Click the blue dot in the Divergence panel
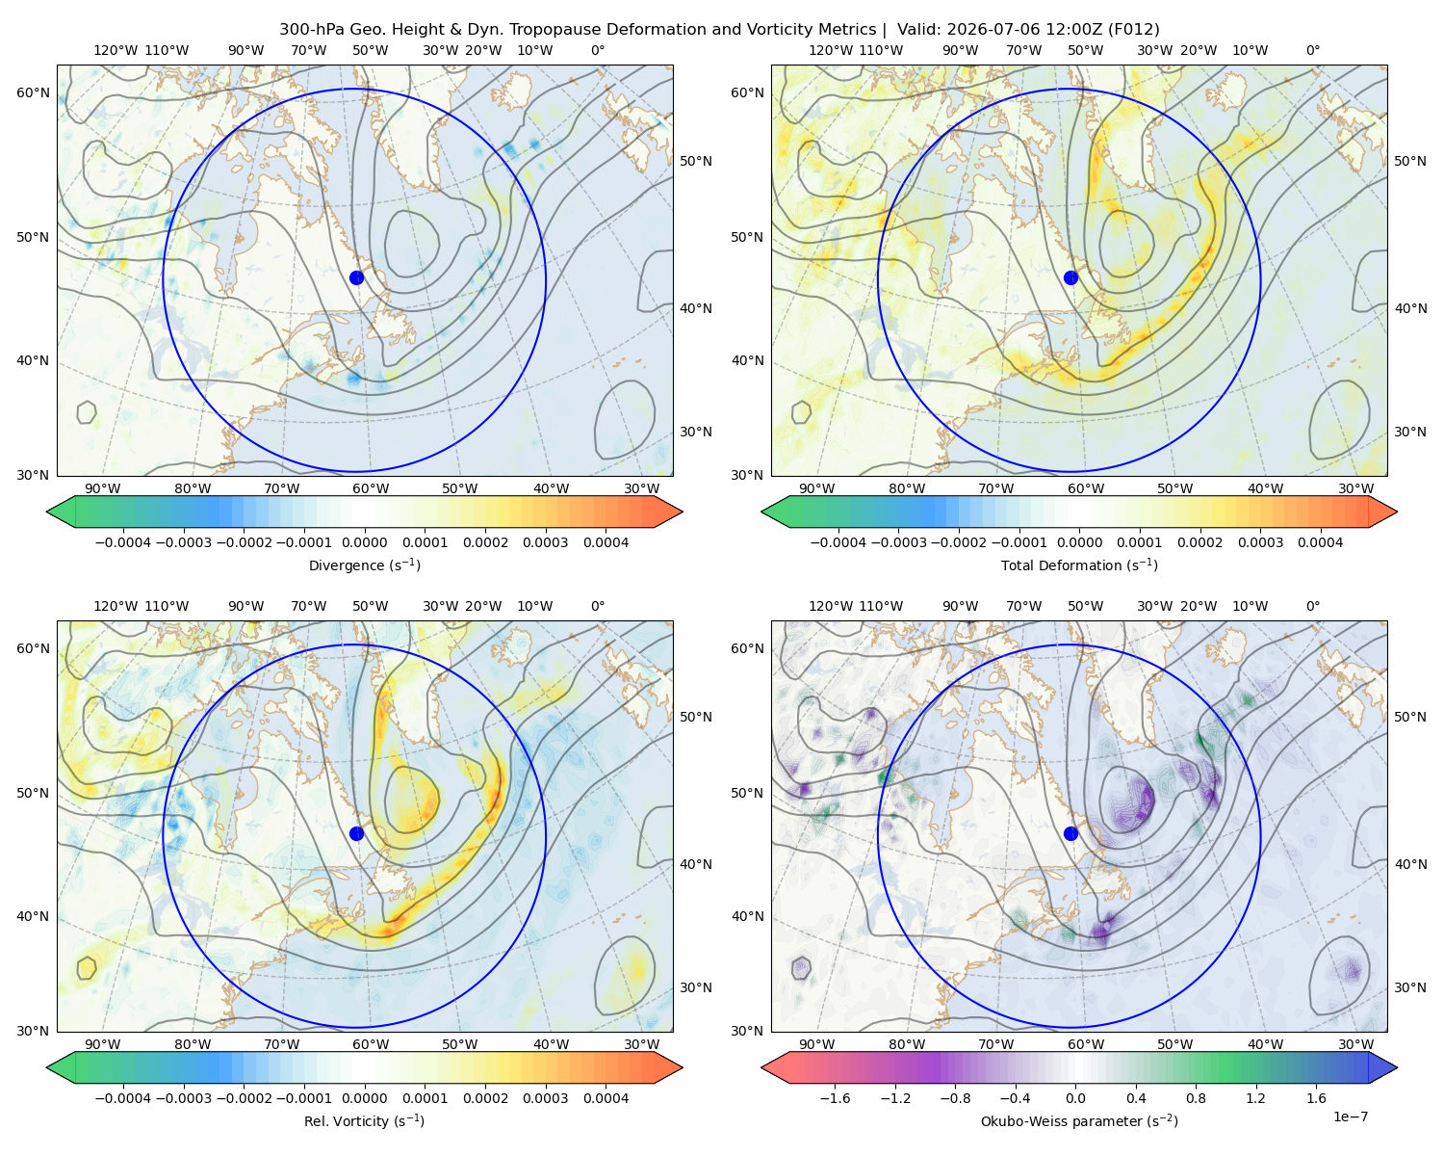tap(356, 277)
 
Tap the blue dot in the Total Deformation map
tap(1070, 277)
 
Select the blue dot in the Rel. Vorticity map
tap(356, 833)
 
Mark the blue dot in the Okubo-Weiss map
tap(1070, 833)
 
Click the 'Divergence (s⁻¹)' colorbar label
tap(364, 565)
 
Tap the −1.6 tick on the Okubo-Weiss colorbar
tap(835, 1098)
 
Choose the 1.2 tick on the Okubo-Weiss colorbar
tap(1255, 1098)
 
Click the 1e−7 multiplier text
tap(1350, 1117)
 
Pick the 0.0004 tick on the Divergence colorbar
tap(606, 542)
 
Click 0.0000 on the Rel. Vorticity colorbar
tap(364, 1098)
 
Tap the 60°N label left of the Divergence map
tap(33, 92)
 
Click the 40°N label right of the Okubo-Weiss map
tap(1410, 864)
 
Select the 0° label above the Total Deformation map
tap(1312, 50)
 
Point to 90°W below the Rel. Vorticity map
tap(103, 1044)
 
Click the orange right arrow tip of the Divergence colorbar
tap(682, 512)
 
